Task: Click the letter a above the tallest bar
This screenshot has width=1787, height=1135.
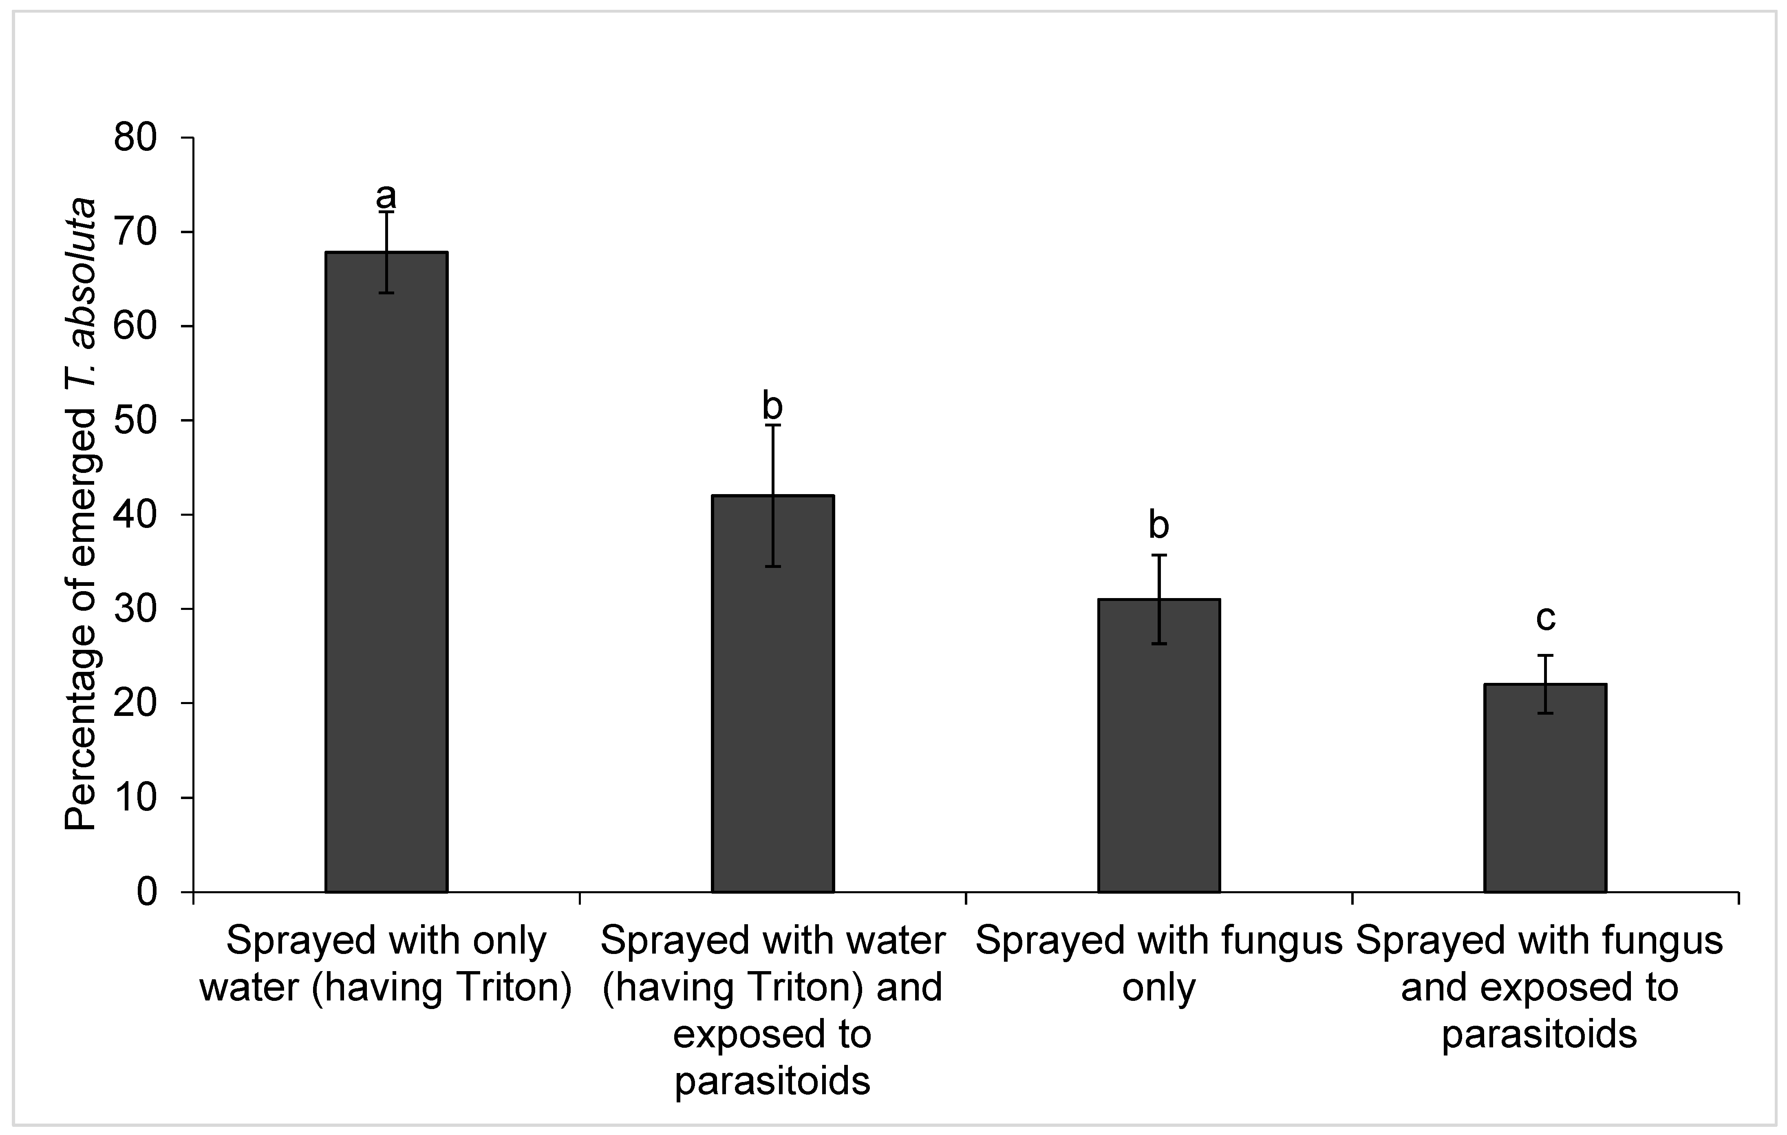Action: point(386,197)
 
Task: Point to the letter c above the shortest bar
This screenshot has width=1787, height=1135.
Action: point(1545,618)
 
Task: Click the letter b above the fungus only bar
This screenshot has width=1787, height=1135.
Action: point(1158,525)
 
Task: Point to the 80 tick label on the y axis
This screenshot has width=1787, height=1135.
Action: point(136,138)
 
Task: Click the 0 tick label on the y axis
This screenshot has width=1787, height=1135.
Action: point(147,892)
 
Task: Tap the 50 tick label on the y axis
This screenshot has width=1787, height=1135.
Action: point(136,421)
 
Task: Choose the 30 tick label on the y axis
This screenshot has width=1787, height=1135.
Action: point(136,609)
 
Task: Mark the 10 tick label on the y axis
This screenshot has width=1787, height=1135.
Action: point(136,798)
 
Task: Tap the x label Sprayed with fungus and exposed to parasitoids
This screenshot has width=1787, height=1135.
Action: point(1540,987)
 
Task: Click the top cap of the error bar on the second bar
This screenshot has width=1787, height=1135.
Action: point(772,424)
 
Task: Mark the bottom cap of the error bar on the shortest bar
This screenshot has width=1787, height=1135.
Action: point(1545,713)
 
